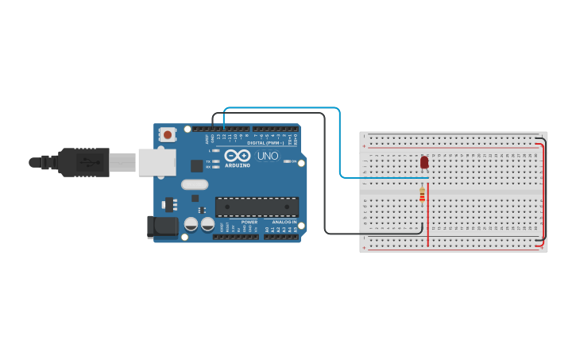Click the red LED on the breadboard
tap(424, 162)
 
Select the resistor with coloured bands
tap(422, 193)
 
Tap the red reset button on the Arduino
tap(168, 135)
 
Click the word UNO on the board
tap(268, 156)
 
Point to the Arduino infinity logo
tap(237, 155)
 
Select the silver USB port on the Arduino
tap(157, 162)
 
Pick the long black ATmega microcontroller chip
tap(257, 207)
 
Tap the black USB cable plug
tap(83, 162)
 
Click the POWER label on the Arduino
tap(249, 222)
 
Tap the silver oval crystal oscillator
tap(195, 184)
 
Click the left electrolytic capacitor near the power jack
tap(191, 225)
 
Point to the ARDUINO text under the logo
tap(238, 165)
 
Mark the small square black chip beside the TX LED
tap(197, 165)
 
